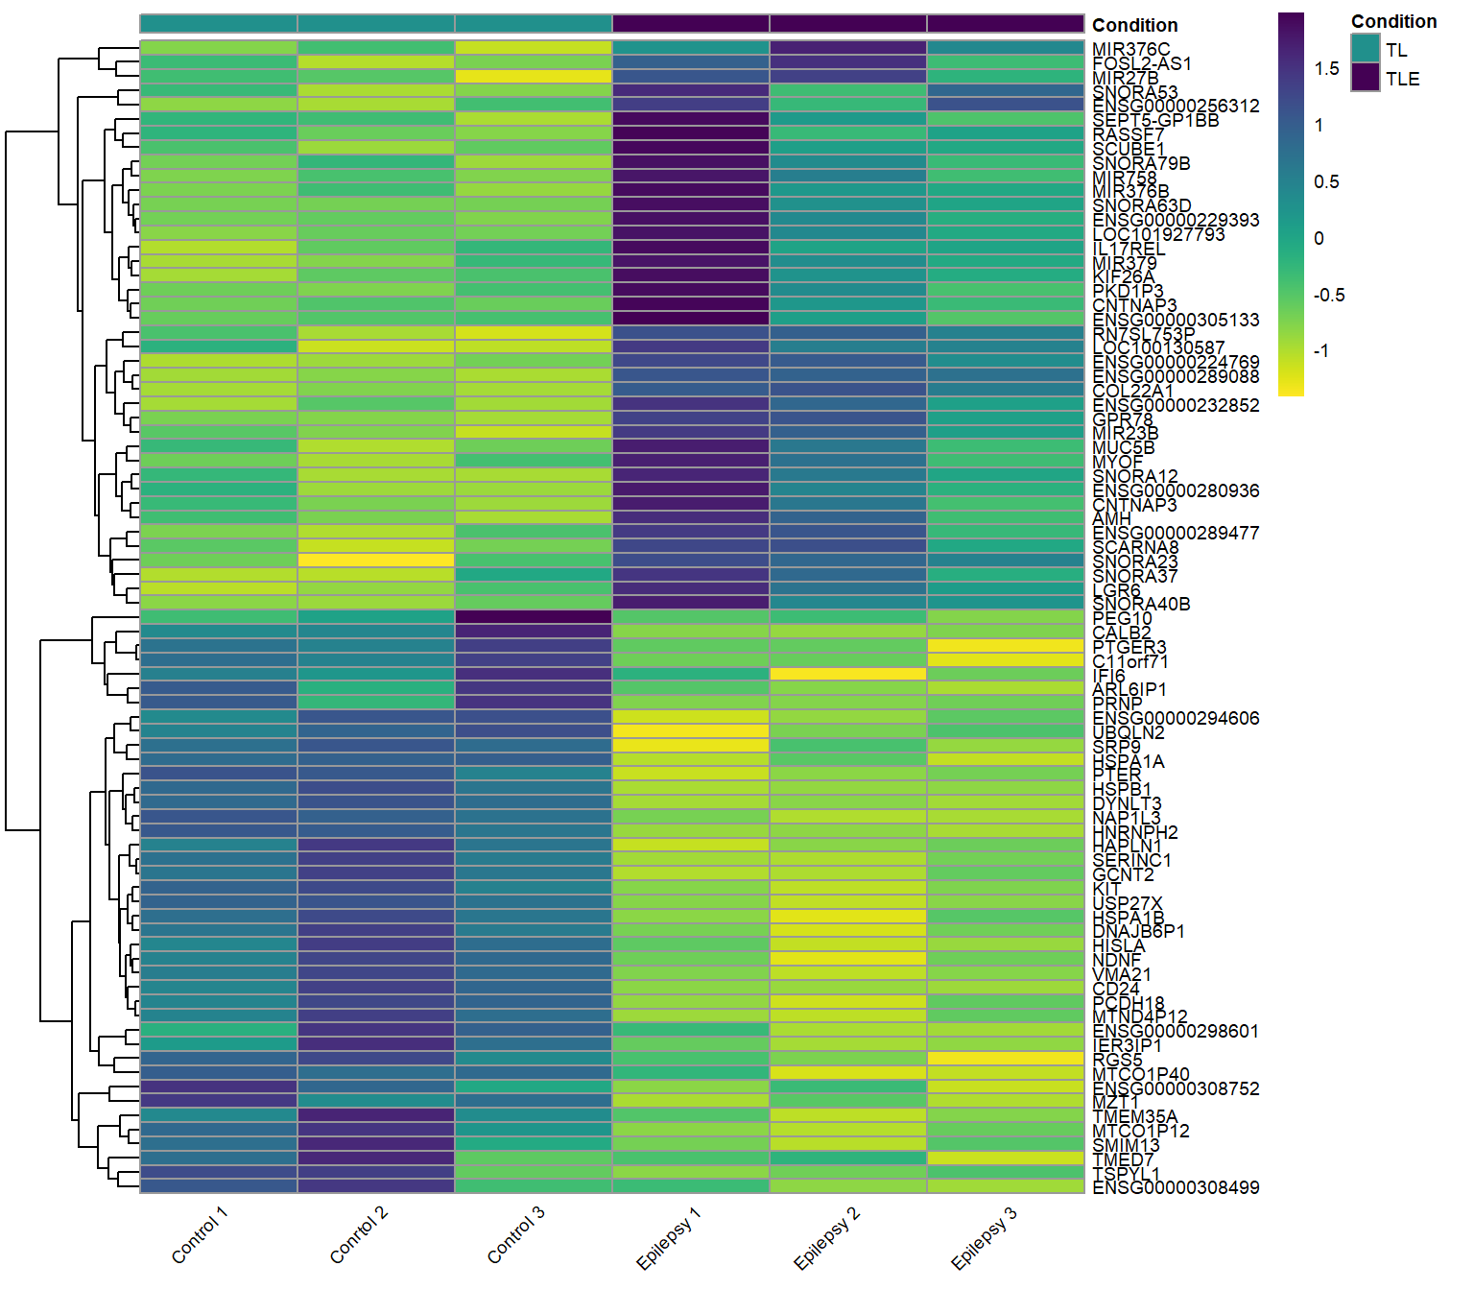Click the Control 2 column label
(359, 1234)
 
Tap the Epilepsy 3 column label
(984, 1238)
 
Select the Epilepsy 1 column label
(669, 1238)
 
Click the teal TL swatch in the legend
(1365, 48)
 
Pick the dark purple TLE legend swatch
(1365, 78)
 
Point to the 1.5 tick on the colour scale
(1327, 68)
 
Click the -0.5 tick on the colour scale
(1329, 295)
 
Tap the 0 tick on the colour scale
(1319, 238)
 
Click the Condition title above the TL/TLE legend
(1393, 21)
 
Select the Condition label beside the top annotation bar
(1134, 25)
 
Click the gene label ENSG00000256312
(1176, 106)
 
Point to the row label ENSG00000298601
(1176, 1031)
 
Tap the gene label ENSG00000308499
(1176, 1187)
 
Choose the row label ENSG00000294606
(1176, 718)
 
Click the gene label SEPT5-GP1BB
(1155, 120)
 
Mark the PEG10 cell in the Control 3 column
(534, 617)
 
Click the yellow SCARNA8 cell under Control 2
(376, 560)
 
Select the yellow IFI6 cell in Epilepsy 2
(848, 674)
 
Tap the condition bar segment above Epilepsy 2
(848, 23)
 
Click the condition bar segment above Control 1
(219, 23)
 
